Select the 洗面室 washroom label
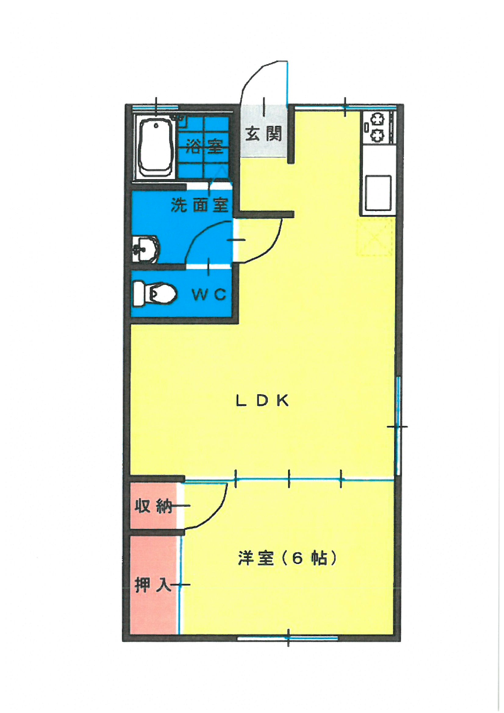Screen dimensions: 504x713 (200, 205)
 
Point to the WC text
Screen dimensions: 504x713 (209, 294)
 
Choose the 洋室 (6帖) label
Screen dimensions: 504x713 (287, 557)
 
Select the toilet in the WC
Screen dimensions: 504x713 (155, 293)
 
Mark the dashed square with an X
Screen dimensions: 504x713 (375, 237)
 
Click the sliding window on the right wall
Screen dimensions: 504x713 (399, 425)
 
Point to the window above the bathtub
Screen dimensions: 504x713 (155, 107)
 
